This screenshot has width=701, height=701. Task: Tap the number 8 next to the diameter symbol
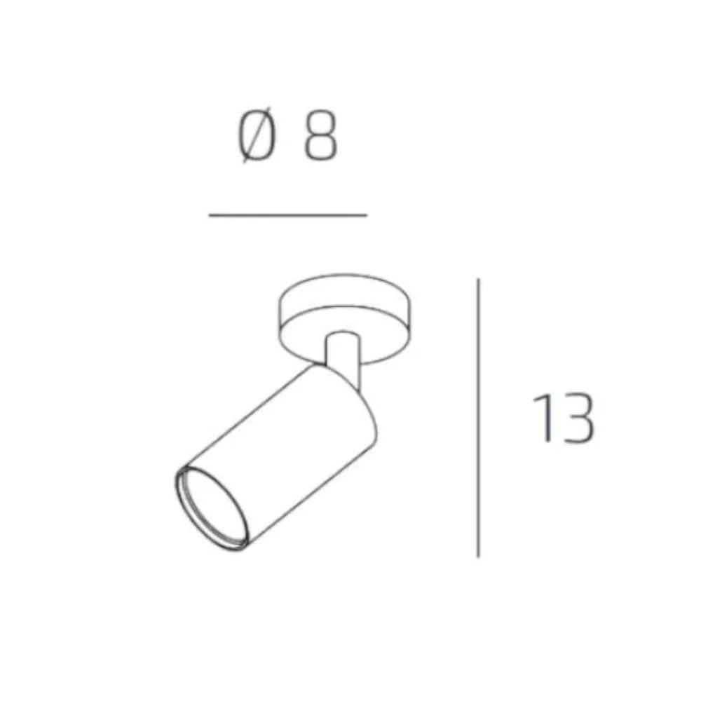(x=320, y=135)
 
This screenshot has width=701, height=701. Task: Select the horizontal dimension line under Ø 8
(x=288, y=215)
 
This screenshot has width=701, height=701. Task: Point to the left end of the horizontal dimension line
(x=209, y=215)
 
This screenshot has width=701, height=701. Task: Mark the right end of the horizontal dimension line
(x=367, y=215)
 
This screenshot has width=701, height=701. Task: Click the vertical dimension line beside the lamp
(x=478, y=418)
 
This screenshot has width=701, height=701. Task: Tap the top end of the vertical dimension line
(x=478, y=279)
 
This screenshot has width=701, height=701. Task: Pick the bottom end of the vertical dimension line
(x=478, y=557)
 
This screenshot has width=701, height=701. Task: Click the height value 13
(x=564, y=418)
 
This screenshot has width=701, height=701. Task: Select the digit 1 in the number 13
(x=543, y=418)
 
